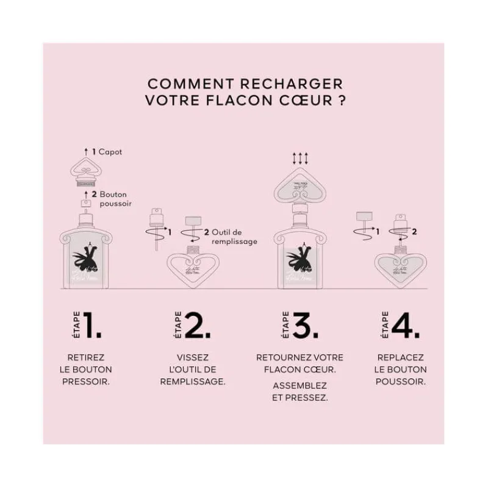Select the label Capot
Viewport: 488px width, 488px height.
pyautogui.click(x=110, y=151)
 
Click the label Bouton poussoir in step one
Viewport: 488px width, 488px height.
pyautogui.click(x=114, y=199)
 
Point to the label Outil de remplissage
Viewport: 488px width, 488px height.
pyautogui.click(x=235, y=236)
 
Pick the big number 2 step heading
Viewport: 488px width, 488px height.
pyautogui.click(x=197, y=326)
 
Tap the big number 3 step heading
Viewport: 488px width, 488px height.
pyautogui.click(x=306, y=326)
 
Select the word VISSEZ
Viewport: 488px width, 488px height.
pyautogui.click(x=192, y=357)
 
